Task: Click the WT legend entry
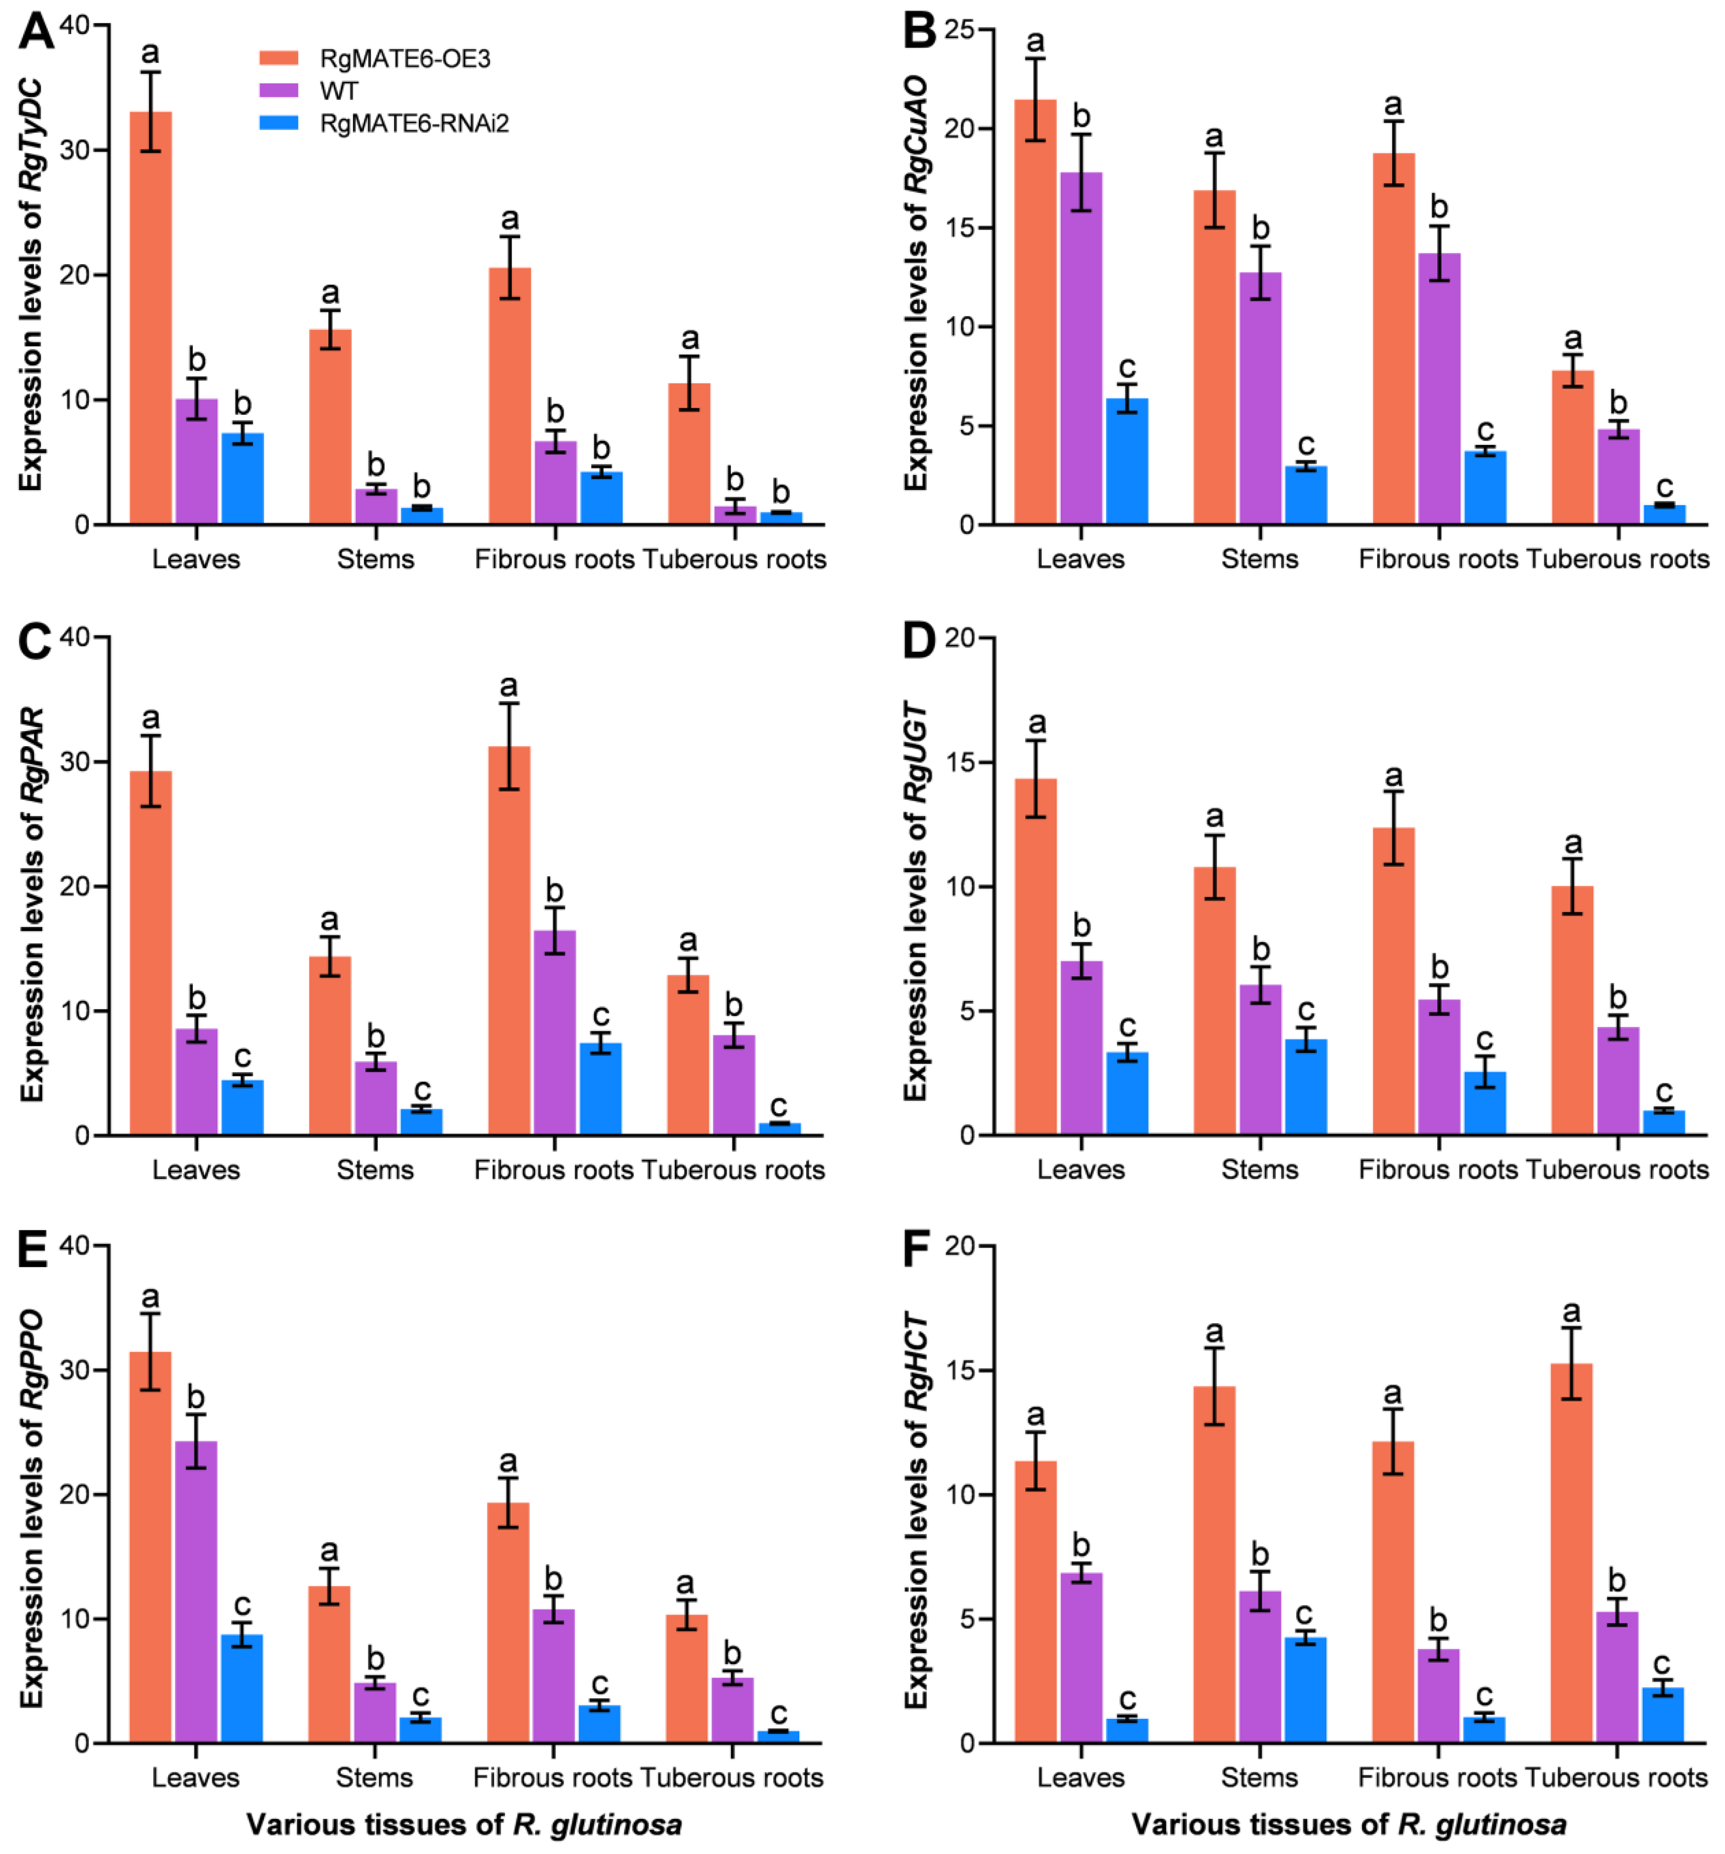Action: [337, 90]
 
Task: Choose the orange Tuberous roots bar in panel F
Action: [1571, 1553]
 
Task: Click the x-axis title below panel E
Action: [463, 1824]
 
